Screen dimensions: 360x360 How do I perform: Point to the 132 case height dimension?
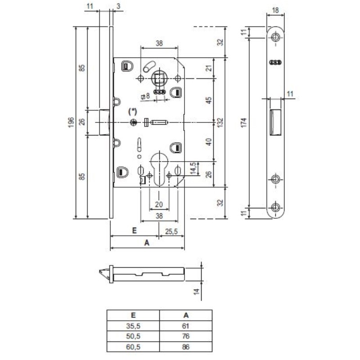[220, 122]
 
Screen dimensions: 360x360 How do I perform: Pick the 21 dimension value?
[208, 68]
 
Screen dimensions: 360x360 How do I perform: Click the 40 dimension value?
[208, 142]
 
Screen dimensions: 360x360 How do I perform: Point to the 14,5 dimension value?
[193, 169]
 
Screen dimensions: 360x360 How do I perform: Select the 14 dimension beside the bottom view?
[196, 292]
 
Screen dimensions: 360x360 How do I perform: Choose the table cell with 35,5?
[133, 326]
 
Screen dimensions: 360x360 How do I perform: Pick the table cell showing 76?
[186, 337]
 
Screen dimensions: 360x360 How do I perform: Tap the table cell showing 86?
[186, 347]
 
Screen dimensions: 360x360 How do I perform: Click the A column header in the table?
[186, 316]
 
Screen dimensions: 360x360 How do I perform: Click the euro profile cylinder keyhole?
[158, 169]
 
